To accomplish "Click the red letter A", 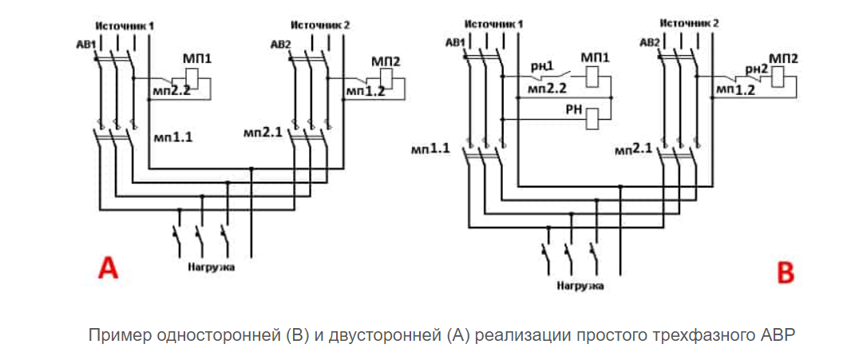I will pos(108,267).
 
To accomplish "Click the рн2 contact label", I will pos(755,69).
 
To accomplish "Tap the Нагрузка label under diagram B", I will pos(580,285).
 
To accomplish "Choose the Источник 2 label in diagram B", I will pos(690,23).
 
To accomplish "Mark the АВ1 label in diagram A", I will pos(82,43).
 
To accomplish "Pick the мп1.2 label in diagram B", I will pos(735,90).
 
